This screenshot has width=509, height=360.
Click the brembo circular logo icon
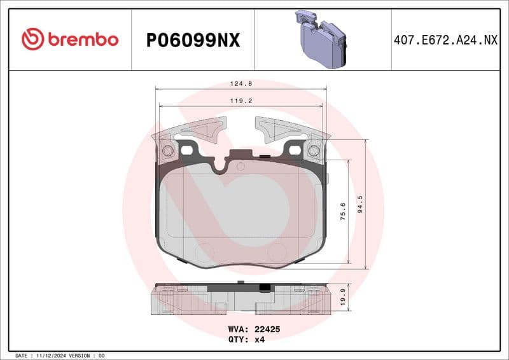pyautogui.click(x=32, y=39)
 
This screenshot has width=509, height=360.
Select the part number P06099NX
pyautogui.click(x=193, y=40)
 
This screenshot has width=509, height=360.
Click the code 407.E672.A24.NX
pyautogui.click(x=449, y=40)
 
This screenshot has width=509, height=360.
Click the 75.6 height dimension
pyautogui.click(x=343, y=211)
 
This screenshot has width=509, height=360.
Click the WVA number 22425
pyautogui.click(x=268, y=329)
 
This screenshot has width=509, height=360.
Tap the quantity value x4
pyautogui.click(x=259, y=340)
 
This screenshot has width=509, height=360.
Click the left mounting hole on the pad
pyautogui.click(x=168, y=151)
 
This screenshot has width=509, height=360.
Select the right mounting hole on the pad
pyautogui.click(x=313, y=151)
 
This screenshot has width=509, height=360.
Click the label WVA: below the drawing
pyautogui.click(x=238, y=329)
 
